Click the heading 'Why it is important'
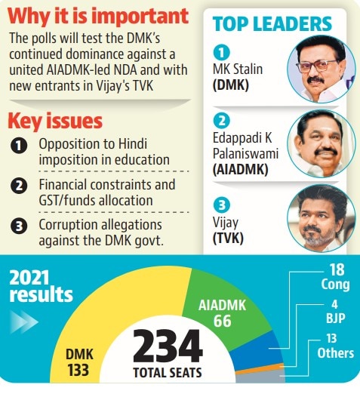click(98, 16)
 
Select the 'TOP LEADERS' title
click(272, 24)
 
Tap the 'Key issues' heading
click(55, 121)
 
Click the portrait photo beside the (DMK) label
click(322, 69)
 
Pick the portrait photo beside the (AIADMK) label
click(322, 143)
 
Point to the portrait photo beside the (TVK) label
click(322, 218)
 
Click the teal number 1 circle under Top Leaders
click(222, 52)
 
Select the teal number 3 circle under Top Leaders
click(222, 205)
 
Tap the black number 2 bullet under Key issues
click(19, 186)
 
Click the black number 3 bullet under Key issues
click(19, 226)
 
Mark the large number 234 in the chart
click(168, 346)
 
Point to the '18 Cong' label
click(335, 277)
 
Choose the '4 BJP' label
click(335, 312)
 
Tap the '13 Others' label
click(335, 346)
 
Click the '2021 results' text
click(41, 286)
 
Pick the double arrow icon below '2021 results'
click(24, 322)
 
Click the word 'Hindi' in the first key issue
click(133, 143)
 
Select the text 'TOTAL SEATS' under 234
click(168, 373)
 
